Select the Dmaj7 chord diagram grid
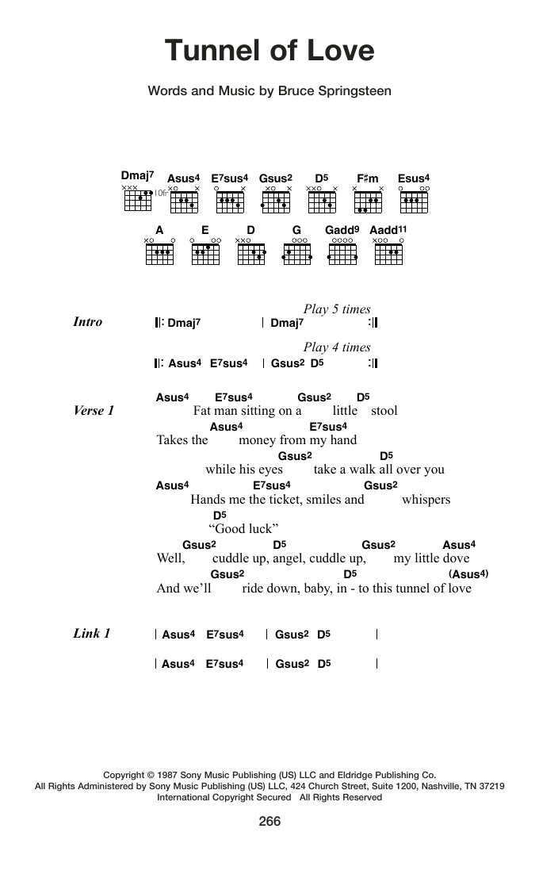click(x=138, y=201)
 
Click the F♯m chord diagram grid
click(x=368, y=202)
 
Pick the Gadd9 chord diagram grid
click(x=342, y=254)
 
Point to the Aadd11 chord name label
click(x=388, y=229)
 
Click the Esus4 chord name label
click(x=414, y=178)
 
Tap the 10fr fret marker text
click(x=162, y=193)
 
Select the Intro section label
click(x=88, y=322)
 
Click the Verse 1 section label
click(x=94, y=411)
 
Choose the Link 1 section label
click(x=92, y=634)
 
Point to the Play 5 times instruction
click(x=337, y=309)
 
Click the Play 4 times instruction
click(x=337, y=347)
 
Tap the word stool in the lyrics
click(x=384, y=411)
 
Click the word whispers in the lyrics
click(x=426, y=500)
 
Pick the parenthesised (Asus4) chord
click(x=468, y=574)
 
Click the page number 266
click(x=269, y=821)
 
